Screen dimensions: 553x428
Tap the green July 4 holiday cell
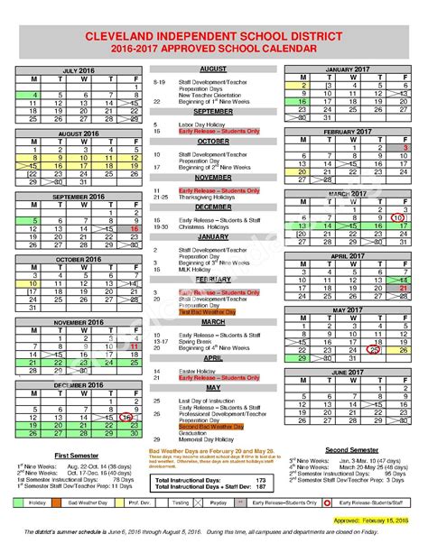pyautogui.click(x=34, y=94)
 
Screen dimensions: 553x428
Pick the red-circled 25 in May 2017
pyautogui.click(x=374, y=351)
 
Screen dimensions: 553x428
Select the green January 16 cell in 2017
pyautogui.click(x=303, y=102)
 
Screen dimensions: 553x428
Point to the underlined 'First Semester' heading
pyautogui.click(x=77, y=455)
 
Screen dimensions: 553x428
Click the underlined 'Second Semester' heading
pyautogui.click(x=350, y=448)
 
